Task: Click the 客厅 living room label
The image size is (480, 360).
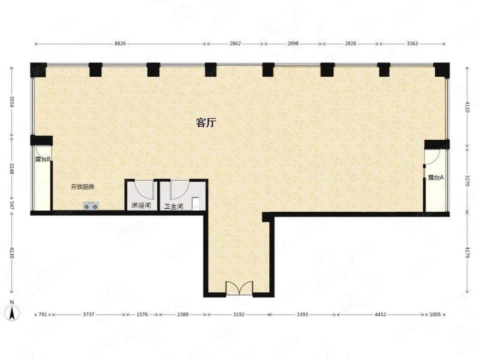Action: (x=206, y=123)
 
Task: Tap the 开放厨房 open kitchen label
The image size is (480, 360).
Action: (x=82, y=187)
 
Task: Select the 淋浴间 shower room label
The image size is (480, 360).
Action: (x=141, y=206)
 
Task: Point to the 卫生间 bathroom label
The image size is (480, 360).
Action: (x=174, y=207)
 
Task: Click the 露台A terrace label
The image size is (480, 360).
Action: (x=436, y=177)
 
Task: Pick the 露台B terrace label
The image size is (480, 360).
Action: (x=42, y=159)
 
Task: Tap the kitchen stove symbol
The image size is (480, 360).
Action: (x=91, y=206)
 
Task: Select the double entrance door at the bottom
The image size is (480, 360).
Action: (x=239, y=288)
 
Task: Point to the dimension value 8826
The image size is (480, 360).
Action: (x=120, y=44)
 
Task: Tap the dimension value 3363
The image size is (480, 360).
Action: (x=412, y=44)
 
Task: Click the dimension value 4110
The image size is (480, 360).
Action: (x=467, y=107)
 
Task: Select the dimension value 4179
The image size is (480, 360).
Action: (x=467, y=252)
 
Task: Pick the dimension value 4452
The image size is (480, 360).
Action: (x=380, y=314)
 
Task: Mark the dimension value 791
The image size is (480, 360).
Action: (x=42, y=314)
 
